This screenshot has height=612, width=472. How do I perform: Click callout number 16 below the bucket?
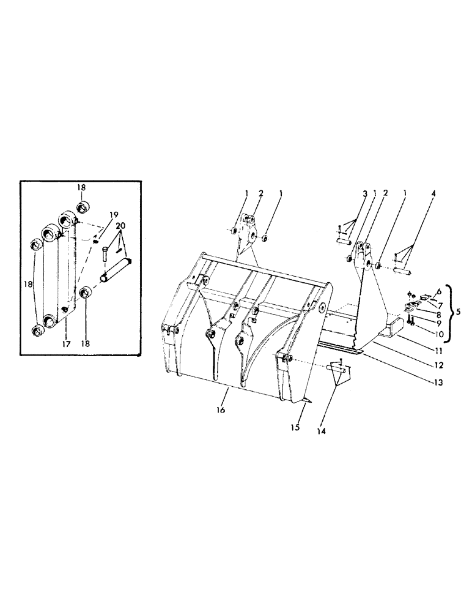coord(221,411)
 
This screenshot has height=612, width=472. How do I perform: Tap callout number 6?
coord(438,292)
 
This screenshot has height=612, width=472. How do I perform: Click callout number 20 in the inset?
coord(121,226)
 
